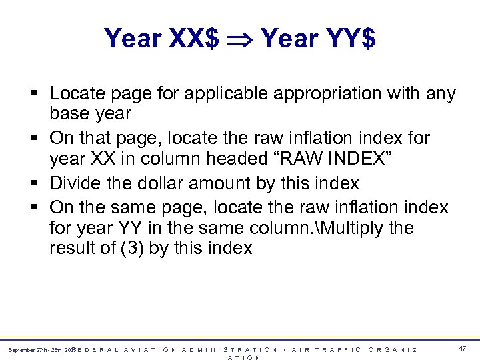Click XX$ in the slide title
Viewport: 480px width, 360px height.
tap(193, 39)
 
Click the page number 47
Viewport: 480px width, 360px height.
tap(463, 348)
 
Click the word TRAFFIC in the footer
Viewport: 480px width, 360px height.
tap(339, 349)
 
